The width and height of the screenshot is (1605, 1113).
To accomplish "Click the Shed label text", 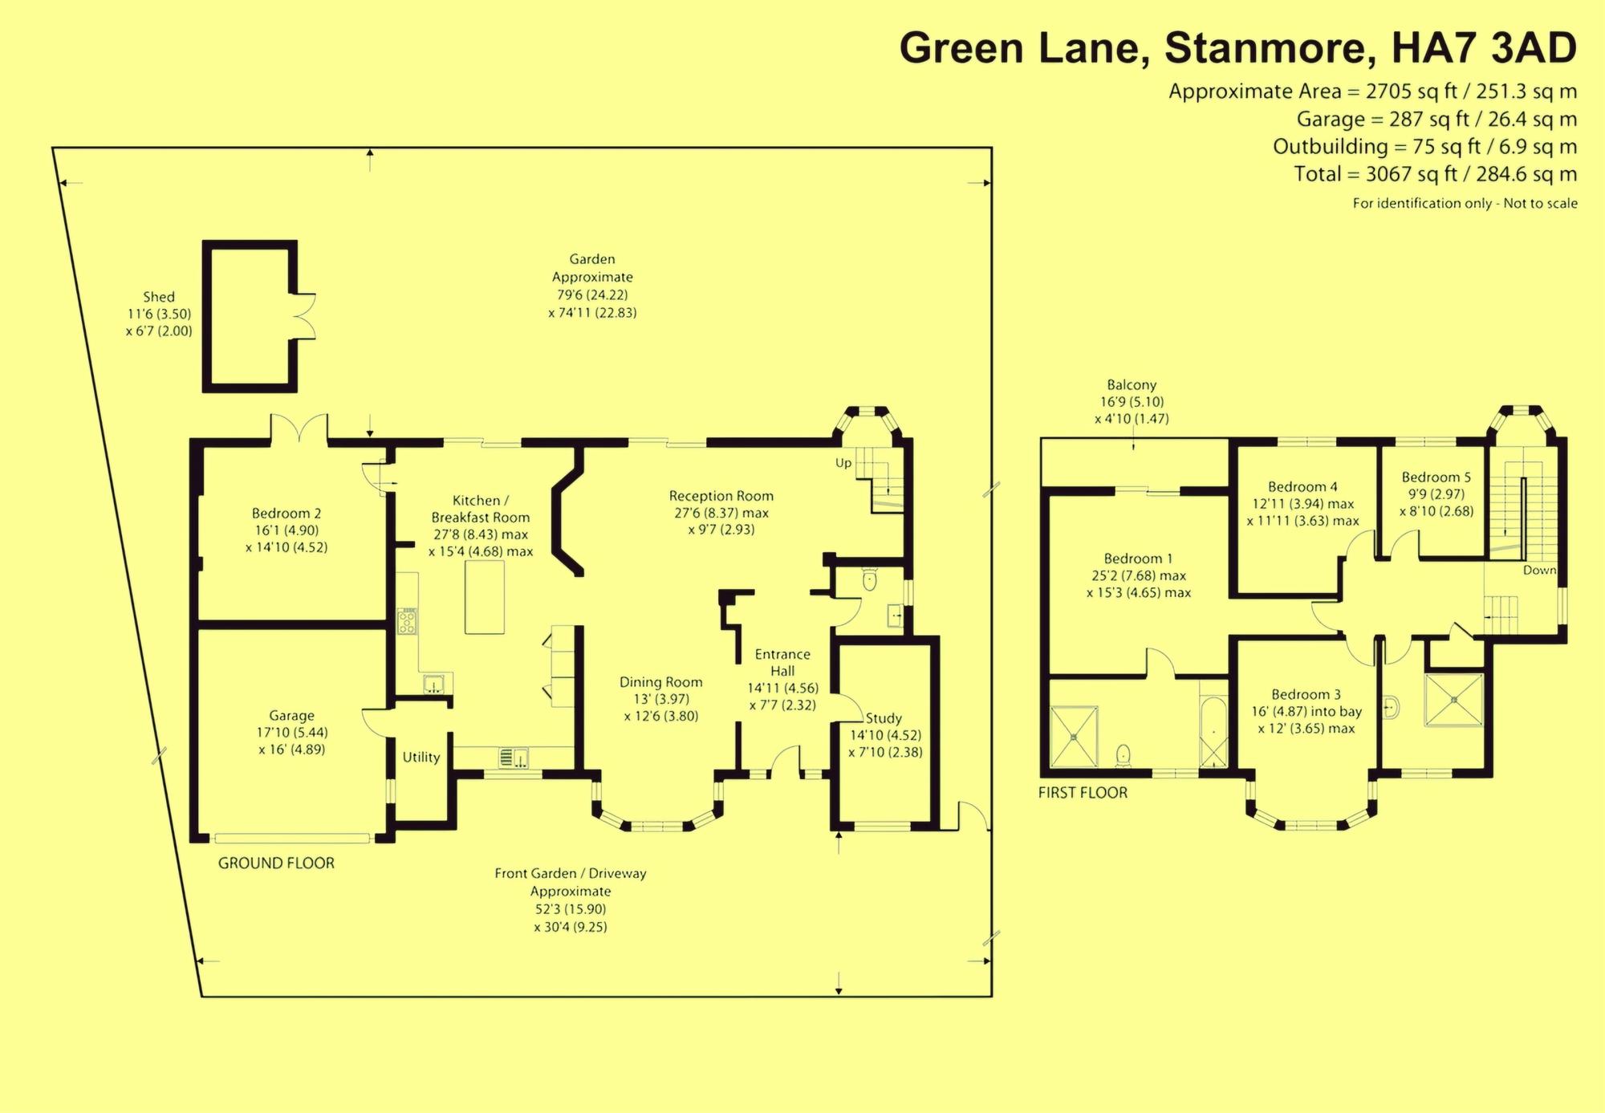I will tap(159, 297).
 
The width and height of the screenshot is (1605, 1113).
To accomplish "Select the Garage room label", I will tap(291, 716).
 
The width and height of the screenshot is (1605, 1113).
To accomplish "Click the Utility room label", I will tap(421, 757).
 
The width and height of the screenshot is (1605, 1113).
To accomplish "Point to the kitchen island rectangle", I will tap(485, 597).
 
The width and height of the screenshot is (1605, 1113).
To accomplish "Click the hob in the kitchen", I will tap(408, 622).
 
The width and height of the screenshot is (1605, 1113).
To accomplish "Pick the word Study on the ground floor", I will tap(884, 718).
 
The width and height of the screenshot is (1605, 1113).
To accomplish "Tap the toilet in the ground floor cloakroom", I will tap(869, 579).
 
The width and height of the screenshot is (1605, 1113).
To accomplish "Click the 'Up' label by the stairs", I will tap(843, 463).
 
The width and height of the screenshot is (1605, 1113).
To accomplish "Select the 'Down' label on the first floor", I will tap(1539, 570).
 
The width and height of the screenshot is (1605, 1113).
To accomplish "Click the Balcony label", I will tap(1132, 385).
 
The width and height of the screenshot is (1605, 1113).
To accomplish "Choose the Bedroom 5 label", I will tap(1436, 477).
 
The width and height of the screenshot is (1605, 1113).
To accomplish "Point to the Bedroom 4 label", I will tap(1302, 486).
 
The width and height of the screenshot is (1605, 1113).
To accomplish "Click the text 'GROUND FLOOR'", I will tap(276, 863).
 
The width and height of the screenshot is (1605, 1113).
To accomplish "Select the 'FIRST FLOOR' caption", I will tap(1083, 793).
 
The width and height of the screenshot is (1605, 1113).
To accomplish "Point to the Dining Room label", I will tap(660, 682).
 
